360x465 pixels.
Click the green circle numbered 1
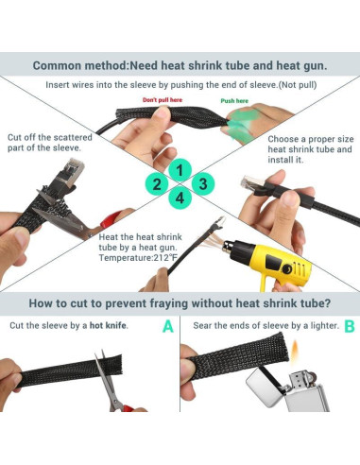(x=180, y=170)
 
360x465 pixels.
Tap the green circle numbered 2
(x=157, y=184)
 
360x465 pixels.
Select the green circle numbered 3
(x=203, y=183)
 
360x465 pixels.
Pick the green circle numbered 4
(x=180, y=198)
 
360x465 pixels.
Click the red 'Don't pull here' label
(x=163, y=100)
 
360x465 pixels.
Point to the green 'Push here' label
(x=234, y=101)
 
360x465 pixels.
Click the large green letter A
(x=168, y=326)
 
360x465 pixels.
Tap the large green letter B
(x=350, y=326)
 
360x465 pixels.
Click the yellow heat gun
(x=267, y=261)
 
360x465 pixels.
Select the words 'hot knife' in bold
(x=108, y=325)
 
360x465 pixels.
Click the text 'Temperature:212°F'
(x=139, y=258)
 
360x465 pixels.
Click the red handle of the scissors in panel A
(x=128, y=408)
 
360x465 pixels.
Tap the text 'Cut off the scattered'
(x=50, y=138)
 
